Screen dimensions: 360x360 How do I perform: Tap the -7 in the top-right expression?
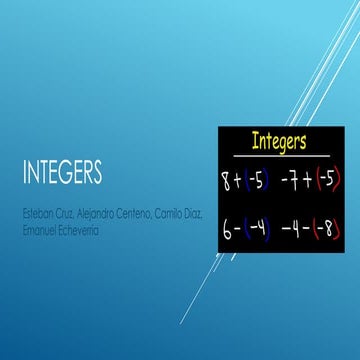tap(294, 182)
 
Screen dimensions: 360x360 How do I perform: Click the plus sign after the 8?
tap(242, 182)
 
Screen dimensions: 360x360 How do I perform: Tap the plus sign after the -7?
tap(309, 182)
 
